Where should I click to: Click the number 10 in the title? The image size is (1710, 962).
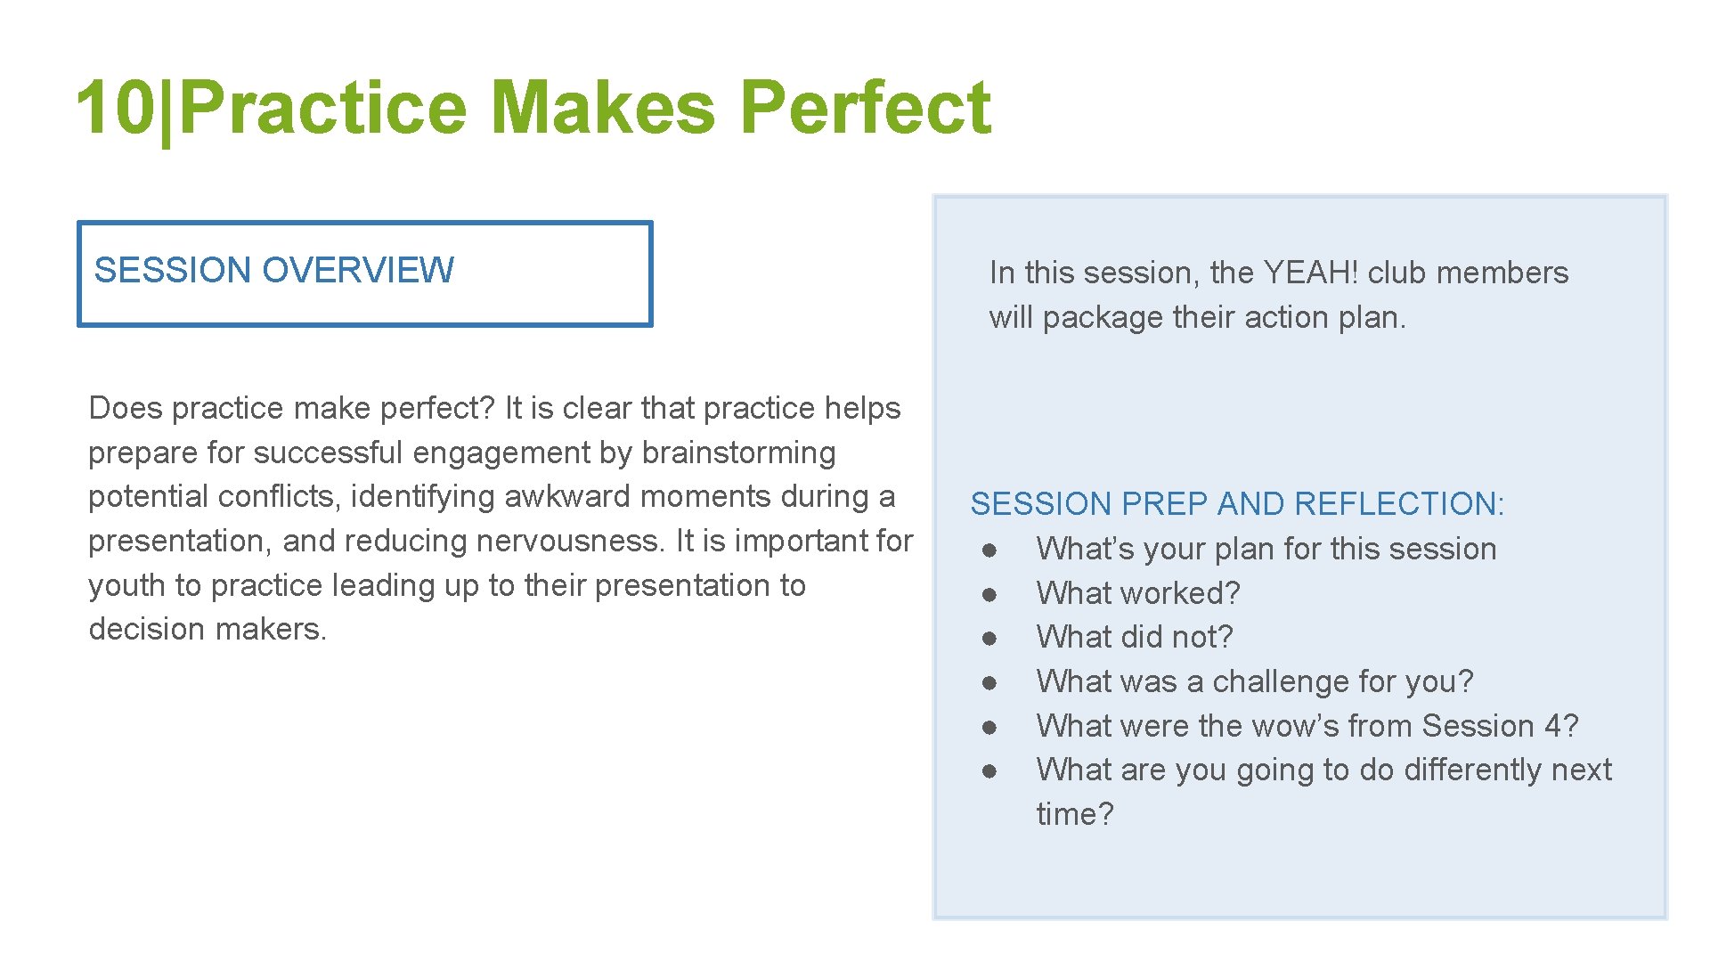click(116, 108)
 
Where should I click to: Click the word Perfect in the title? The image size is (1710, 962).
click(866, 108)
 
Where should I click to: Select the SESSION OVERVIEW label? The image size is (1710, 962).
click(273, 270)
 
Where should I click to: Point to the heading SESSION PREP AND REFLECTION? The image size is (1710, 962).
click(1236, 504)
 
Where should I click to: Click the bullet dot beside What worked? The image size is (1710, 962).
click(989, 594)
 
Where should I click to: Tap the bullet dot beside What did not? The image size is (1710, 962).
click(989, 639)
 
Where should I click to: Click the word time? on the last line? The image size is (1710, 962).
click(1074, 814)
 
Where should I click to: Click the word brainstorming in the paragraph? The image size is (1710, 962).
click(738, 452)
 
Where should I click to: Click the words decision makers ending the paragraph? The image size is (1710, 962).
click(207, 629)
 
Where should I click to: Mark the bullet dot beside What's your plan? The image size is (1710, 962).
click(989, 550)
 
